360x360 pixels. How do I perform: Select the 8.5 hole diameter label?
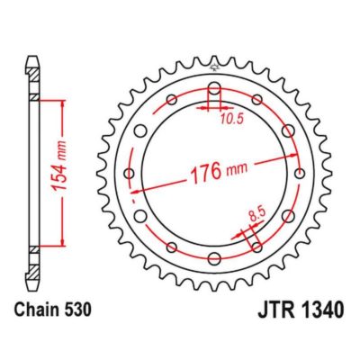click(x=256, y=215)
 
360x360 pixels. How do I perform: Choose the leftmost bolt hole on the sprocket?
click(x=129, y=173)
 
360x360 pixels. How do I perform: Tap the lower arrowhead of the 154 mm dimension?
click(x=62, y=243)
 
